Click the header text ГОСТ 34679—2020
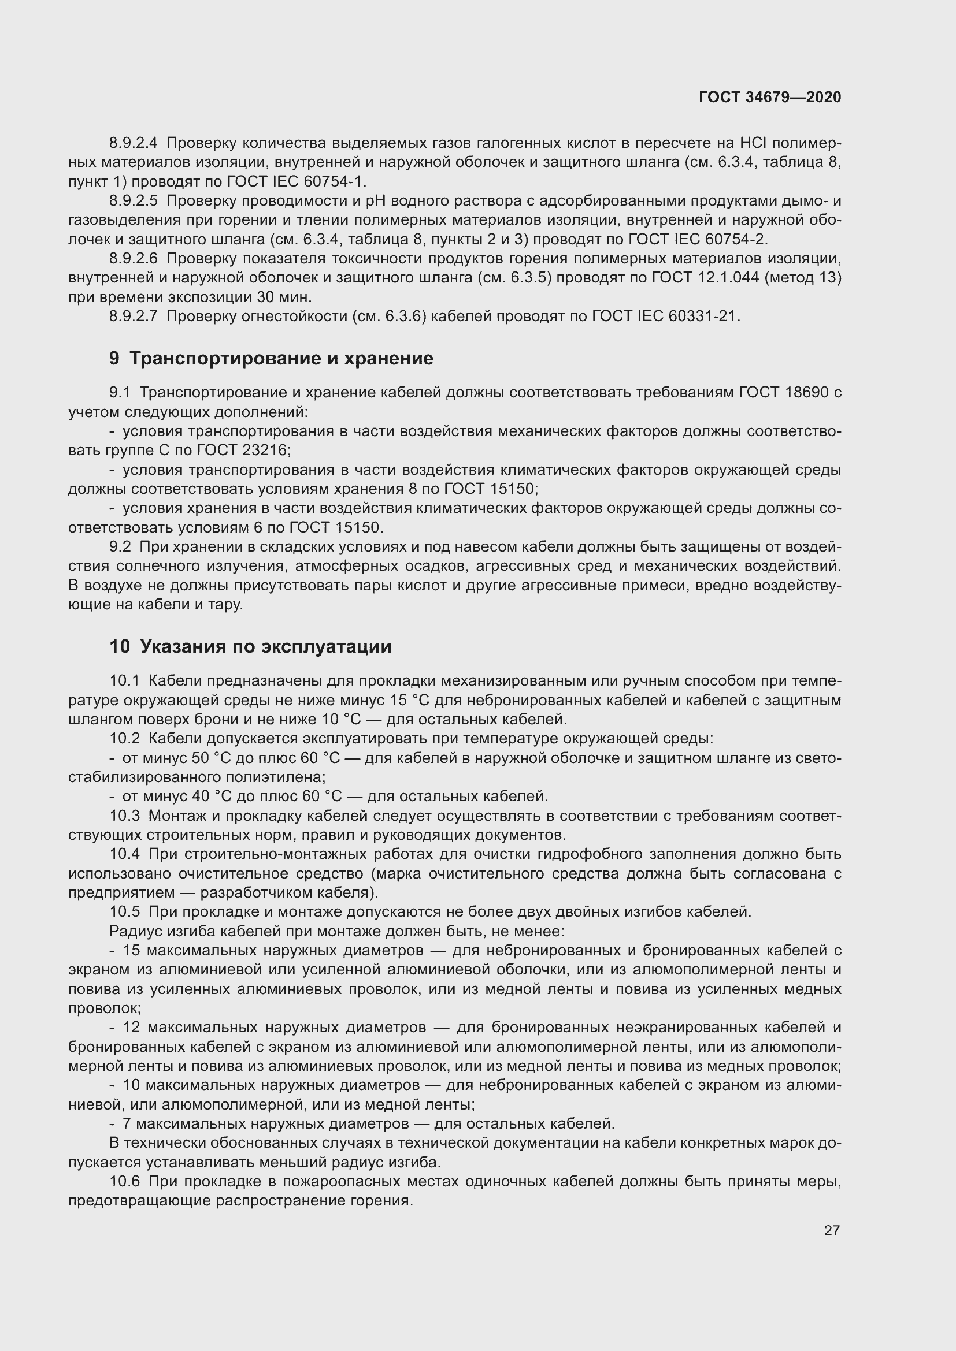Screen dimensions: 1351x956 pos(770,97)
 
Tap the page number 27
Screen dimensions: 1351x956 pos(831,1230)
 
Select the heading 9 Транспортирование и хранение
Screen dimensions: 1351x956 pos(271,358)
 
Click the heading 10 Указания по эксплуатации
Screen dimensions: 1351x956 pos(250,647)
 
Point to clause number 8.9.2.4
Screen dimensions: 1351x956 pos(133,143)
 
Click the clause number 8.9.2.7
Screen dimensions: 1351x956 pos(133,317)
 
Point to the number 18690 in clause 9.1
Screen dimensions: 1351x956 pos(807,392)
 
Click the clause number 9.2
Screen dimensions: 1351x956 pos(120,546)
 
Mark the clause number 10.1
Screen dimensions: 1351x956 pos(124,681)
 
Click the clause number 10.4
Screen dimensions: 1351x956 pos(124,854)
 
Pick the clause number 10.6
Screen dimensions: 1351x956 pos(124,1182)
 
